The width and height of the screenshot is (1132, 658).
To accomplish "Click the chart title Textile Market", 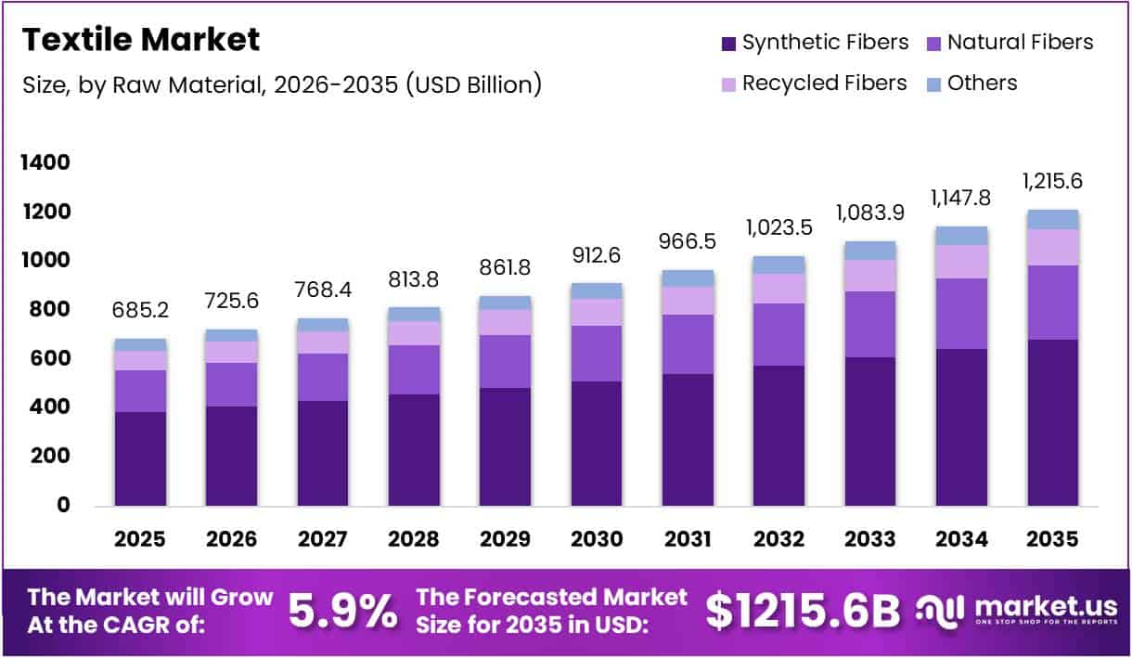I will point(140,40).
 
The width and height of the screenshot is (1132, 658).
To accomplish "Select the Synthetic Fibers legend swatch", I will point(728,43).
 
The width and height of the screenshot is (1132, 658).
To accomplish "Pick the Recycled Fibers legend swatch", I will point(728,84).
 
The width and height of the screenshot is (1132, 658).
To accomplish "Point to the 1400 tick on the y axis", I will point(45,163).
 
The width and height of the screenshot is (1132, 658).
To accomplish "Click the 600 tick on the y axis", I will point(50,358).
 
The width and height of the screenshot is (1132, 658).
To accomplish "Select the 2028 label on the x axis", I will point(414,538).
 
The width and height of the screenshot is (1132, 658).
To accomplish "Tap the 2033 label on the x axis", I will point(870,538).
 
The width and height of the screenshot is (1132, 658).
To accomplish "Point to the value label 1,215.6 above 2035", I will point(1053,180).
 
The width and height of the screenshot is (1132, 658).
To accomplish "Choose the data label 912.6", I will point(597,254).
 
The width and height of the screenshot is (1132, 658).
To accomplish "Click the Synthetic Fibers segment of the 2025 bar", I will point(140,458).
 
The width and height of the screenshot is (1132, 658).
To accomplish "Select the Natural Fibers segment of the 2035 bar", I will point(1053,303).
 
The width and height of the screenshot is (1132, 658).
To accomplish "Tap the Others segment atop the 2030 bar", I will point(597,290).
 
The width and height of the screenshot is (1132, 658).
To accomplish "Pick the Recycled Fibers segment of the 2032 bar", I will point(779,288).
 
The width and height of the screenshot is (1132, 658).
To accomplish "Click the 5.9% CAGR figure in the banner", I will point(342,612).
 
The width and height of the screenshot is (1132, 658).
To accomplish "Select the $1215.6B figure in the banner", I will point(803,612).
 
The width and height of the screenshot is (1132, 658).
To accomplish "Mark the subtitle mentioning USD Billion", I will point(281,84).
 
